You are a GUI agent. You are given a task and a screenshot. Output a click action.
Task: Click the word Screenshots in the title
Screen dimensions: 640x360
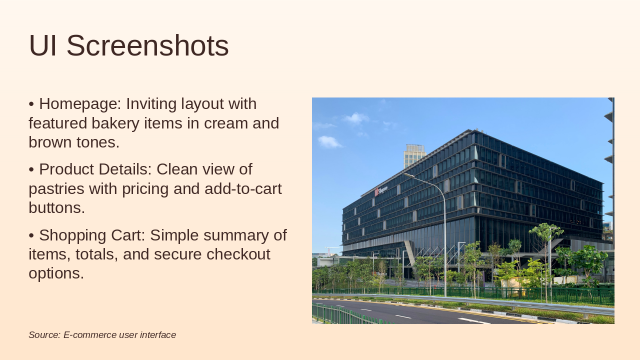click(x=147, y=45)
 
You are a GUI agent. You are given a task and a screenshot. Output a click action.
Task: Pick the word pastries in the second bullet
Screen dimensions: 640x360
click(x=56, y=189)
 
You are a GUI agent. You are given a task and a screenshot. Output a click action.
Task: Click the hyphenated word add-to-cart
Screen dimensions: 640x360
click(x=243, y=188)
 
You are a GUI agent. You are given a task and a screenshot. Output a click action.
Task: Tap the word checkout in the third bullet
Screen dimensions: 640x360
click(x=238, y=254)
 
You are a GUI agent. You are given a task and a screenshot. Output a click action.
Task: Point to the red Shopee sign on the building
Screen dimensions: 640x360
click(x=381, y=190)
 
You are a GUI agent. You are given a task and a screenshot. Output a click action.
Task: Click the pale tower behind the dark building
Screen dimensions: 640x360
click(x=414, y=156)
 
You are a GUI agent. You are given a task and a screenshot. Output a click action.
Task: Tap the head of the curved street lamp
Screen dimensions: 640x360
click(x=409, y=175)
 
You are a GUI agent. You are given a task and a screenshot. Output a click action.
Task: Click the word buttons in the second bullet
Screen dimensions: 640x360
click(x=57, y=207)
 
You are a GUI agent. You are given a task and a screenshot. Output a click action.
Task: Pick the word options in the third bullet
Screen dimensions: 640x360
click(x=56, y=273)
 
